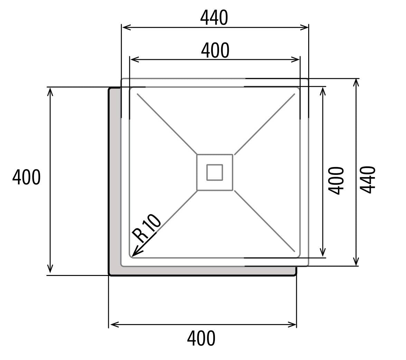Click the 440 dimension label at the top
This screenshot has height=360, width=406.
click(x=214, y=18)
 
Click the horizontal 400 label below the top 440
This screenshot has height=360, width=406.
click(x=215, y=50)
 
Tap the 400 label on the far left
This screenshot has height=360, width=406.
click(x=26, y=177)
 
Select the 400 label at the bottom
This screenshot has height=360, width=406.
click(x=201, y=338)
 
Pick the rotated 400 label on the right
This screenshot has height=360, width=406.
click(x=336, y=181)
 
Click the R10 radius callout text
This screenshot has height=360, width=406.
click(x=147, y=229)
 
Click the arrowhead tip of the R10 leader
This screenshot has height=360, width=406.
click(x=132, y=257)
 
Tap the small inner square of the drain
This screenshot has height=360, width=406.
click(x=215, y=172)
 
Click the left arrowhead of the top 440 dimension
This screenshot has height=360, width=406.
click(x=122, y=27)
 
